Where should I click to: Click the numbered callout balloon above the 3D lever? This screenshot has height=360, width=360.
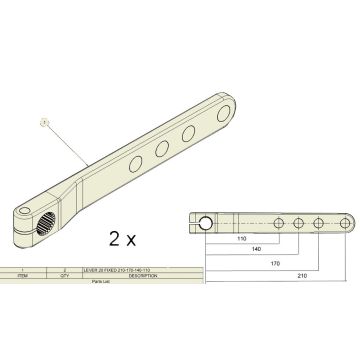coord(43,121)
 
